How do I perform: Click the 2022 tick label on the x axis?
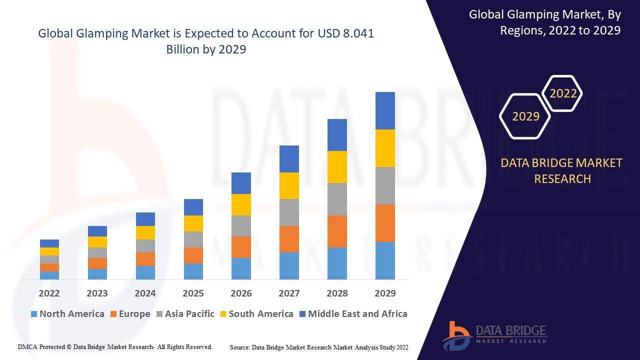click(49, 293)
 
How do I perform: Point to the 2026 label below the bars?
click(241, 293)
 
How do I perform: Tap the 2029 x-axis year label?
click(385, 293)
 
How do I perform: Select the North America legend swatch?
click(34, 314)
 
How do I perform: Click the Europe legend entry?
click(129, 314)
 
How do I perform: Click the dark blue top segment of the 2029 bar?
click(385, 110)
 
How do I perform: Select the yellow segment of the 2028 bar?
click(337, 166)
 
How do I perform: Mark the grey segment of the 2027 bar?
click(289, 212)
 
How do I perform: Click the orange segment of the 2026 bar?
click(241, 247)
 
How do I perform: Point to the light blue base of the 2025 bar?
click(193, 271)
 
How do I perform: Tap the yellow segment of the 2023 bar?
click(97, 242)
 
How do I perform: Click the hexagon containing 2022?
click(562, 93)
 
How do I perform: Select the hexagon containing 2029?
click(525, 116)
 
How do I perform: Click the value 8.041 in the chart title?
click(356, 34)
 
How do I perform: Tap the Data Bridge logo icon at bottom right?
click(456, 335)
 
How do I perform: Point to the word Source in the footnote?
click(240, 347)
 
